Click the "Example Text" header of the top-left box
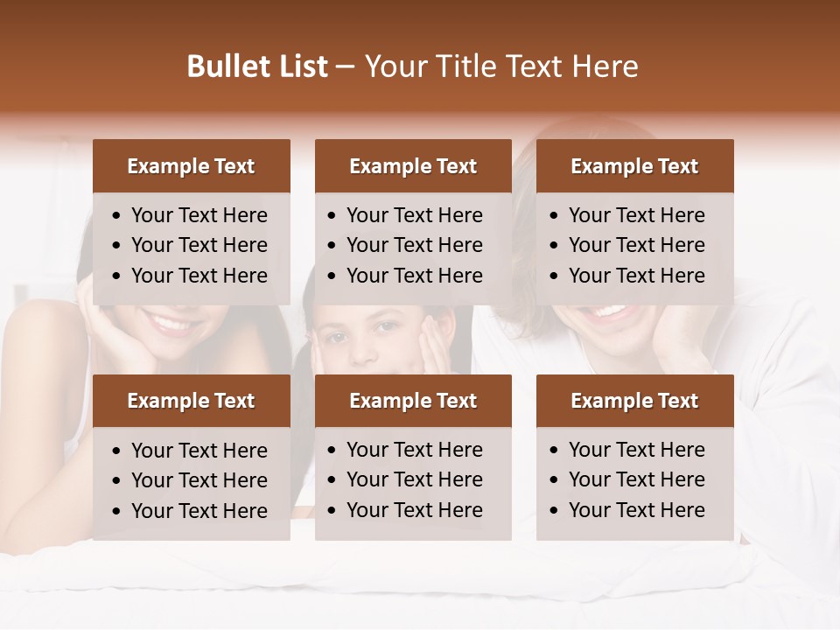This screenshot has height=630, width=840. pos(191,166)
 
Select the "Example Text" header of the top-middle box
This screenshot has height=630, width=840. pos(413,166)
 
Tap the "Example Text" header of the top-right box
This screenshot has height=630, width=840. pos(634,166)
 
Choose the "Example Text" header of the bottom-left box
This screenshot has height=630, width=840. pos(191,401)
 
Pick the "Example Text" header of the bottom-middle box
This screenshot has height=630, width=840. pos(413,401)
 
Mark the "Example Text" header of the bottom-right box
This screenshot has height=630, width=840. pos(634,401)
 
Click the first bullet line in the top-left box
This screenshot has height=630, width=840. pos(199,215)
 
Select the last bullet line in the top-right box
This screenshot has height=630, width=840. pos(636,276)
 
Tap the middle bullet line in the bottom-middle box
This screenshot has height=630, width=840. pos(414,479)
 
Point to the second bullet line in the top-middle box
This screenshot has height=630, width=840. pos(414,245)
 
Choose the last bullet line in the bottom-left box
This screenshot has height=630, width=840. pos(199,511)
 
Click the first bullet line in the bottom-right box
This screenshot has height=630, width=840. pos(636,450)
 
